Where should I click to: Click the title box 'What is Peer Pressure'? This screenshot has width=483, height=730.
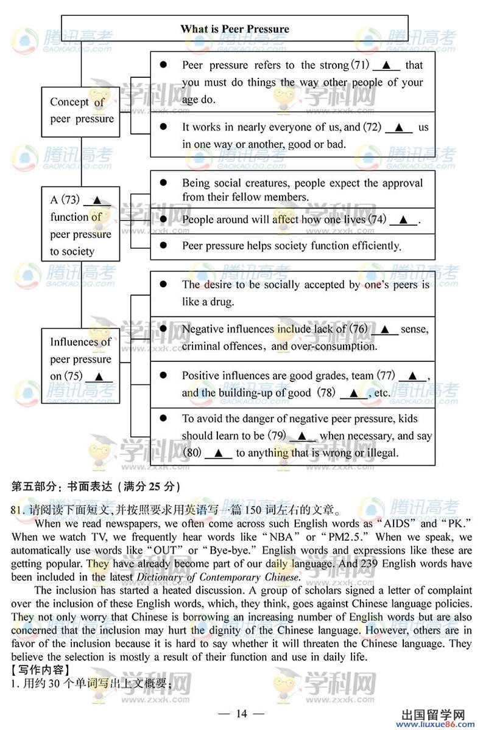(234, 29)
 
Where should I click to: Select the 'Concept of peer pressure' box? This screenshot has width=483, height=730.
(81, 111)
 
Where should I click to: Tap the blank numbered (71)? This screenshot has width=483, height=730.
(385, 66)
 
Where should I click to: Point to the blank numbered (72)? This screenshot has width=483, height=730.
(399, 128)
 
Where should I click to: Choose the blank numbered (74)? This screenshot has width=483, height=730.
(403, 220)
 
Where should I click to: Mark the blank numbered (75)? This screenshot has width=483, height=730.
(99, 377)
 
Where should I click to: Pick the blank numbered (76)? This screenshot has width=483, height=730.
(385, 330)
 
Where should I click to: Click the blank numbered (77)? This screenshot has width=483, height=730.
(412, 376)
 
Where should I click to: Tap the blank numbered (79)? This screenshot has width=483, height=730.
(301, 436)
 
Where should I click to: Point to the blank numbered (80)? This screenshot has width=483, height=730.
(218, 453)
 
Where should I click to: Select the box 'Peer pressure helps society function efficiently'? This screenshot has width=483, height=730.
(292, 246)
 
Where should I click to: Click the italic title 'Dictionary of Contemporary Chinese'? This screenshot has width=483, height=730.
(217, 577)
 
